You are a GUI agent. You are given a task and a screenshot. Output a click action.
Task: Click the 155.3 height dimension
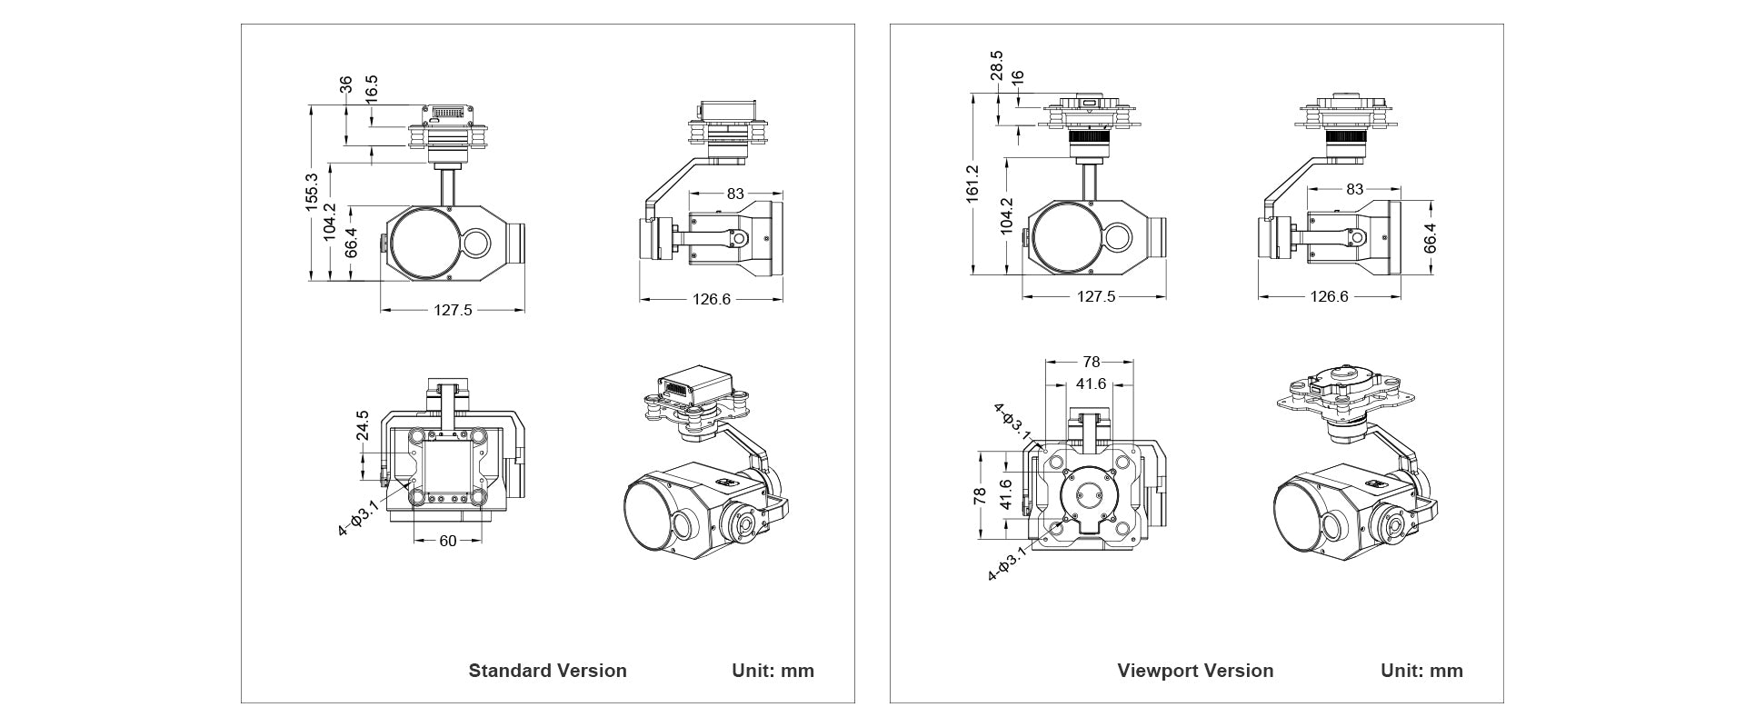pos(311,193)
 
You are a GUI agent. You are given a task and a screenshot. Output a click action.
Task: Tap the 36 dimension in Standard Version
pos(345,85)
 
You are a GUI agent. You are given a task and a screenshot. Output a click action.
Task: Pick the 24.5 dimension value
pos(362,426)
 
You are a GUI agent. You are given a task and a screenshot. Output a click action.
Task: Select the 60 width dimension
pos(447,541)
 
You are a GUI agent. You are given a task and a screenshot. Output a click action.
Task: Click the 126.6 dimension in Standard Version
pos(712,298)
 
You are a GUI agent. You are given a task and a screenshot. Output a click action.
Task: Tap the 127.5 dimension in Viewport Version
pos(1095,296)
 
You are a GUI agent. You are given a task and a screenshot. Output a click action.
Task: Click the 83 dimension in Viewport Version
pos(1354,190)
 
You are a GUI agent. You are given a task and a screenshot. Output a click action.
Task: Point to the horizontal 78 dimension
pos(1091,362)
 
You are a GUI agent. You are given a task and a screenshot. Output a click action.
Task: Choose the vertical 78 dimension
pos(979,496)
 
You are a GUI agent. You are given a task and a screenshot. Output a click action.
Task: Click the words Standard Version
pos(547,671)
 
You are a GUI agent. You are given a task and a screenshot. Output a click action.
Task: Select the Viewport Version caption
pos(1195,671)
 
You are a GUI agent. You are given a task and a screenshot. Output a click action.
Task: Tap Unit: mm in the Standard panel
pos(773,671)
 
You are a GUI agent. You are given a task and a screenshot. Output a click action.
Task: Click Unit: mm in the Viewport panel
pos(1421,671)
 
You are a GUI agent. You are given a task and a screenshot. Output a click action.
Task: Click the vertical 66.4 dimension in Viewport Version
pos(1430,237)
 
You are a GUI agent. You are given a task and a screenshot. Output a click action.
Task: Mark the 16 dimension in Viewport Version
pos(1017,79)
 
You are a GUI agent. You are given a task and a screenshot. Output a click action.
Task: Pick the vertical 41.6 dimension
pos(1005,495)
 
